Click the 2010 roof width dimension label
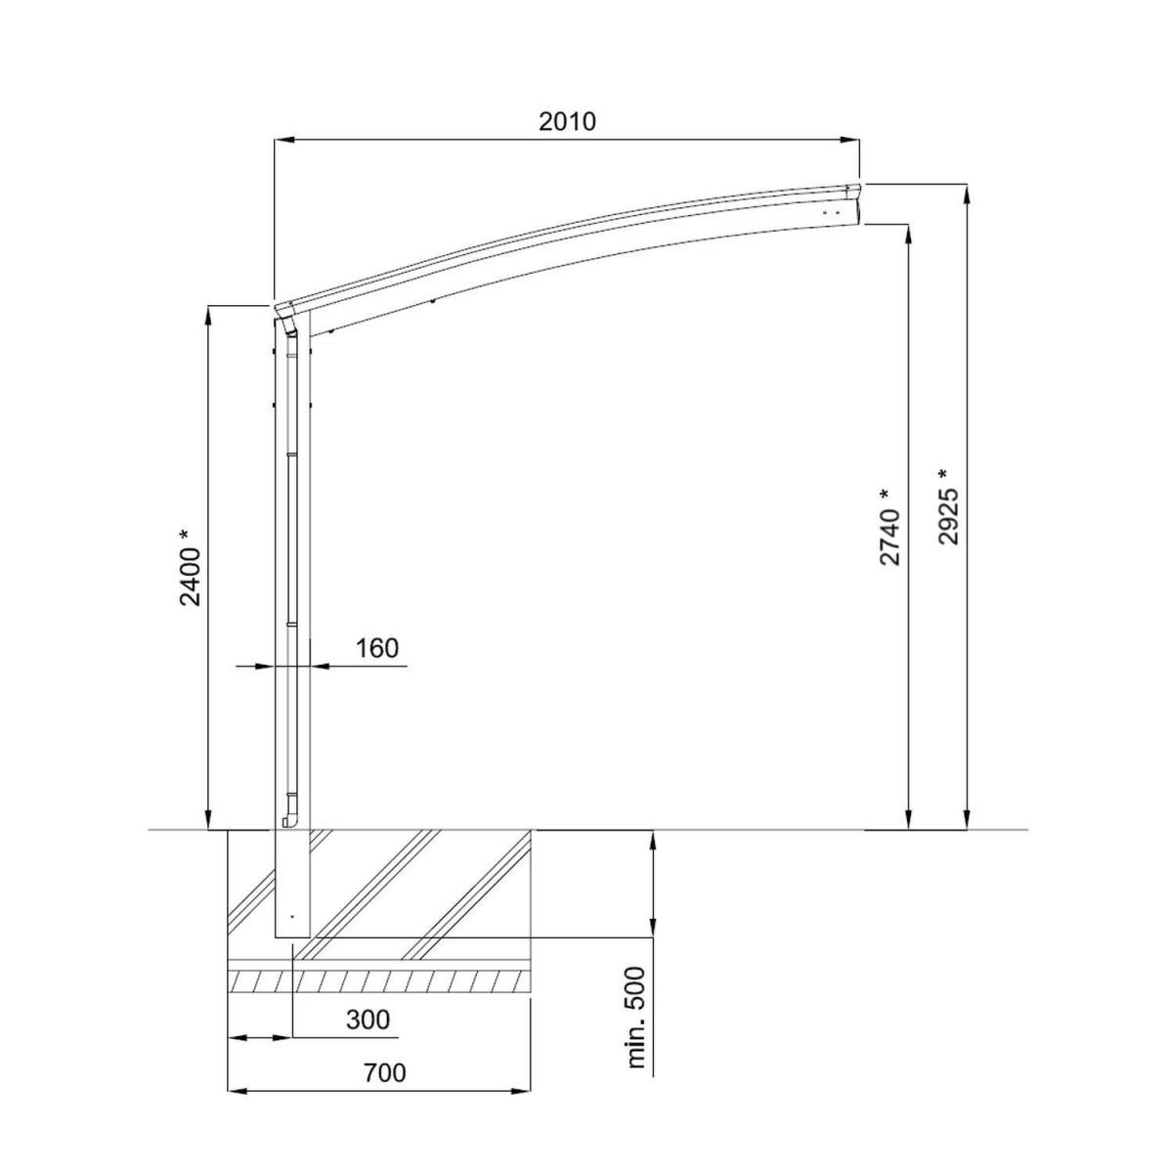[x=566, y=121]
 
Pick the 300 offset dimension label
[x=368, y=1021]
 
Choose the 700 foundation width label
[x=383, y=1073]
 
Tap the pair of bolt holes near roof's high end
[x=830, y=211]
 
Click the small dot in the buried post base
[x=290, y=916]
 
